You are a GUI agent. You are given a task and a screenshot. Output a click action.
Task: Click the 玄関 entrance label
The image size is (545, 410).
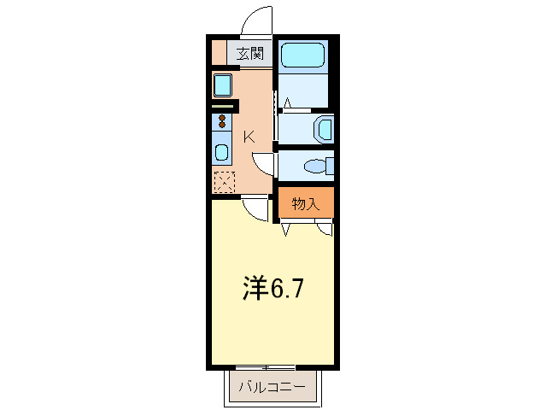pyautogui.click(x=249, y=54)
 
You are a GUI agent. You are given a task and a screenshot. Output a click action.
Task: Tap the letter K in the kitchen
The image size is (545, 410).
pyautogui.click(x=249, y=135)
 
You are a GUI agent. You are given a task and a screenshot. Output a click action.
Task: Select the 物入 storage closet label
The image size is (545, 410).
pyautogui.click(x=305, y=203)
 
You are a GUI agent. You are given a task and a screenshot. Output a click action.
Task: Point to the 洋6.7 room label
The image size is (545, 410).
pyautogui.click(x=269, y=289)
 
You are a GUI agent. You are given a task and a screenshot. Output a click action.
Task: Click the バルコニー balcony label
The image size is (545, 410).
pyautogui.click(x=272, y=387)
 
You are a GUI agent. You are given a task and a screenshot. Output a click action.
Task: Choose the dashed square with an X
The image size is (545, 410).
pyautogui.click(x=223, y=181)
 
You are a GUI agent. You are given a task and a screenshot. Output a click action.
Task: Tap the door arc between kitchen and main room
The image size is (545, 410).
pyautogui.click(x=254, y=208)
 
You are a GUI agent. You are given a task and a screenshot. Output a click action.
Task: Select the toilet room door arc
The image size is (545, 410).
pyautogui.click(x=266, y=164)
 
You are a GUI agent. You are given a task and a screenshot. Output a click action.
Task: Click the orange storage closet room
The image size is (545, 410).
pyautogui.click(x=305, y=203)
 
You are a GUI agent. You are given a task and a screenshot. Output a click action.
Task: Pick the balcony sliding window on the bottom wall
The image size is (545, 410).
pyautogui.click(x=272, y=367)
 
